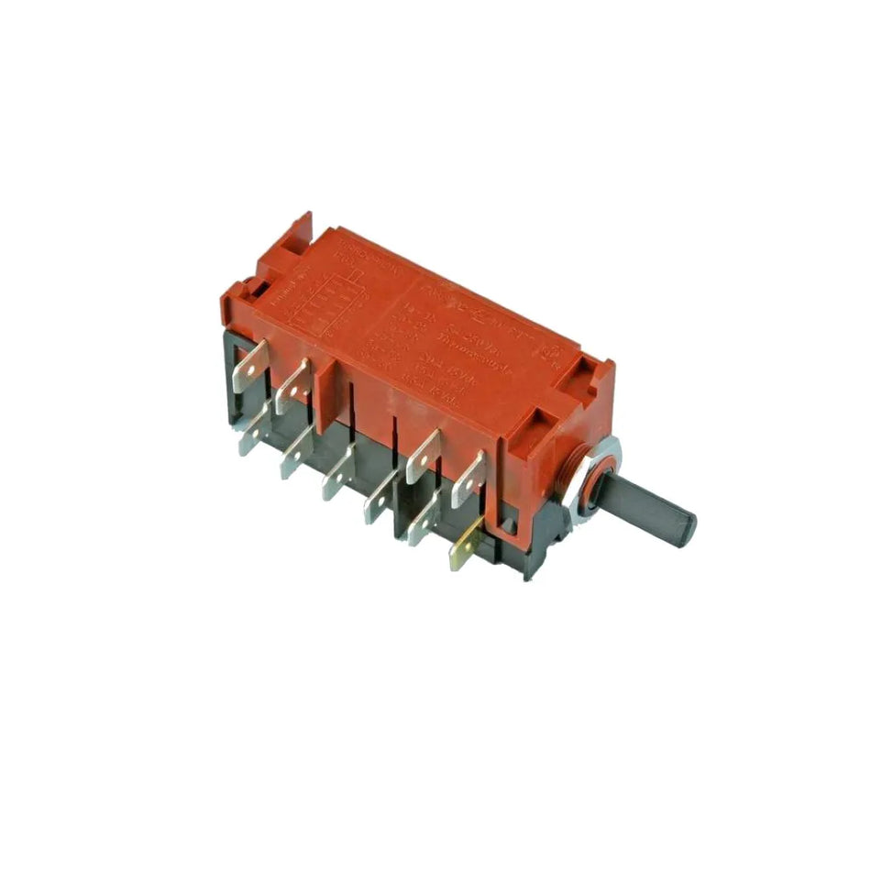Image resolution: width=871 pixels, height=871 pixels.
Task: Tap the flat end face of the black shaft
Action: (687, 527)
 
